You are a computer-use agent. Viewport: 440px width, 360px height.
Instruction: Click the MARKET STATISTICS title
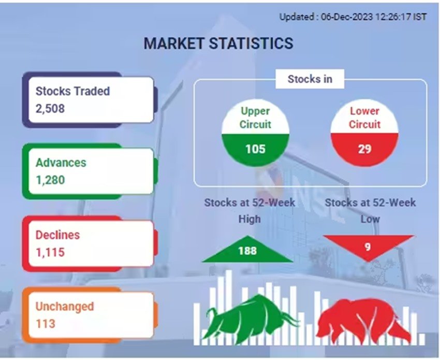[218, 44]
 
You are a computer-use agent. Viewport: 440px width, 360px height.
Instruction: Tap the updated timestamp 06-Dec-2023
[347, 17]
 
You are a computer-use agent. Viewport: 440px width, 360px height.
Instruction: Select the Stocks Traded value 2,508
[50, 108]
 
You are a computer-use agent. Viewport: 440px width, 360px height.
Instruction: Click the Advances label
[61, 163]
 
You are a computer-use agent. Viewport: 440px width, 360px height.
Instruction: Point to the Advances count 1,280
[50, 180]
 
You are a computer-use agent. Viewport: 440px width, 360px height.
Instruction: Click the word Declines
[57, 235]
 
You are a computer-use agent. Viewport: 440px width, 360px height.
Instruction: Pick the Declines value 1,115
[50, 252]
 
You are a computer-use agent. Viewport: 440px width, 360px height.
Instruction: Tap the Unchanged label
[65, 306]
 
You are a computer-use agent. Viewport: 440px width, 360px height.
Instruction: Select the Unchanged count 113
[46, 324]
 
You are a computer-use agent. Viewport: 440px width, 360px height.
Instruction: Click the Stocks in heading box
[310, 79]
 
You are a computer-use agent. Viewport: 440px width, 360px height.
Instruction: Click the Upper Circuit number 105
[255, 149]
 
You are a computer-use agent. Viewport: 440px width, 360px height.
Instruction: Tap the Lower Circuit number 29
[364, 149]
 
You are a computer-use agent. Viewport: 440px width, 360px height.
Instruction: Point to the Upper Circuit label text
[255, 118]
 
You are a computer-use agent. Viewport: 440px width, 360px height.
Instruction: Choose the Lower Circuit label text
[364, 118]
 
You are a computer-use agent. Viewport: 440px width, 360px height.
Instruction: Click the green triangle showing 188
[247, 251]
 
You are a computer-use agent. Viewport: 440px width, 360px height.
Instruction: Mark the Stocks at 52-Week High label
[250, 211]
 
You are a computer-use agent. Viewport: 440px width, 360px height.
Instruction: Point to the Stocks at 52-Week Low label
[370, 211]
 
